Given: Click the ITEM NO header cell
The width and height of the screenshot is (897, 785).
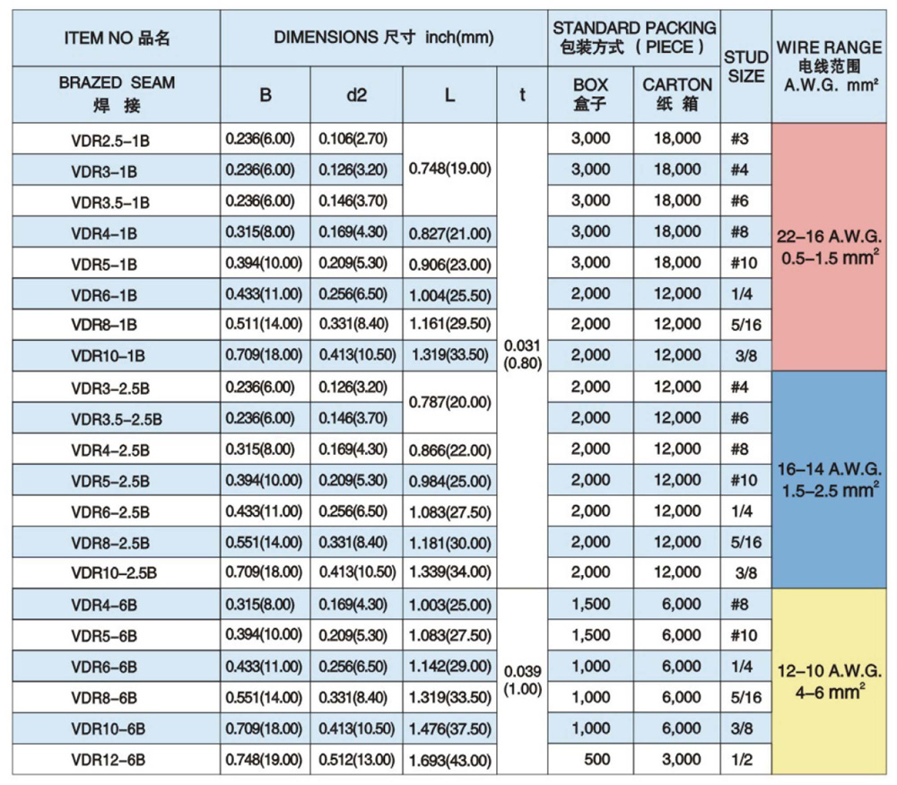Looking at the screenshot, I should coord(117,38).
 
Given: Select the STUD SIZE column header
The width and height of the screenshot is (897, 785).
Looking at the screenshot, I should coord(745,67).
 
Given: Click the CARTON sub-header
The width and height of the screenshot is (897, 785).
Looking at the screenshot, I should coord(677,93).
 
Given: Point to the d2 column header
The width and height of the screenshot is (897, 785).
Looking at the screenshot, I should coord(356,94).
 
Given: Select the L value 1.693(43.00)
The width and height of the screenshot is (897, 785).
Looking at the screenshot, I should coord(449,760).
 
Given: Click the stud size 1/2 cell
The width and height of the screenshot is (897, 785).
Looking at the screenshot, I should coord(745,759).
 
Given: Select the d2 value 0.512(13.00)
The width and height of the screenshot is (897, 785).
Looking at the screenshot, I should coord(356,759).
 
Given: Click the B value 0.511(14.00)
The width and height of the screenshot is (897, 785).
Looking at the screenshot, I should coord(265,324).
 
